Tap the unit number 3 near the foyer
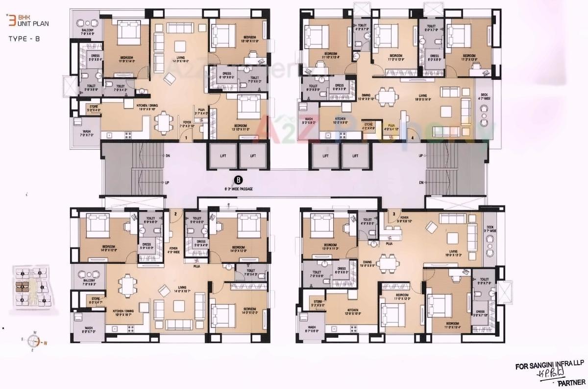pos(393,214)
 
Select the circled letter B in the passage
pos(238,180)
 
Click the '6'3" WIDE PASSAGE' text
pos(239,188)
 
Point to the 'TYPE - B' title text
pos(24,38)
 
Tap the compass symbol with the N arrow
pos(35,342)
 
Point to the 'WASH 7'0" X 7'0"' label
pos(86,133)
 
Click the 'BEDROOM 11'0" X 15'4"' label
pos(452,324)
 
